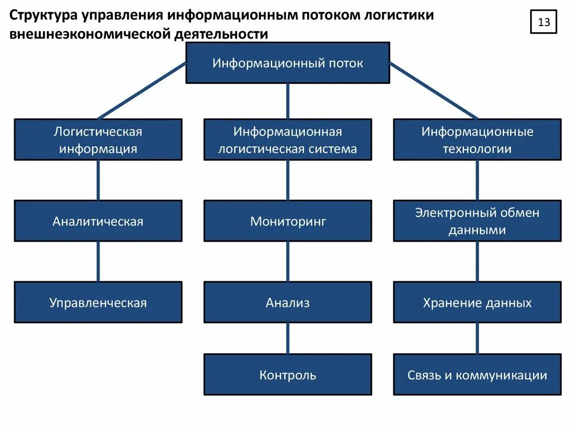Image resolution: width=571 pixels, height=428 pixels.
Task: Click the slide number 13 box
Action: (544, 23)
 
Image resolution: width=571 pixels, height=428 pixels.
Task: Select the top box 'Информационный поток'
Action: (287, 63)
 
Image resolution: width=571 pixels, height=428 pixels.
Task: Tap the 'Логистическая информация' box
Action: (98, 140)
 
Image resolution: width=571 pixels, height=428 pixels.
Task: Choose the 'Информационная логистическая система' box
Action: (287, 140)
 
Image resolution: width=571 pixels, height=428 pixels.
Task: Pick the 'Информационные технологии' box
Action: (477, 140)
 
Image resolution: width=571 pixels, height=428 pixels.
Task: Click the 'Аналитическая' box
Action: (98, 221)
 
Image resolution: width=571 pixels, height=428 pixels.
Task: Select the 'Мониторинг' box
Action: (287, 221)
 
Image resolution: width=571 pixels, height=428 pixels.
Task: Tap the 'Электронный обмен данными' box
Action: (477, 221)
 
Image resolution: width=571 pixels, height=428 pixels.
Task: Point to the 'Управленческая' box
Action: (98, 302)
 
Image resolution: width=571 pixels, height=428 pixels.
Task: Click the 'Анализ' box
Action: (287, 302)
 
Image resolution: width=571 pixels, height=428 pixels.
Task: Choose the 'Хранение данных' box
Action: (477, 302)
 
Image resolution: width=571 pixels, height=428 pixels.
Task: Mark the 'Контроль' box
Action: (287, 374)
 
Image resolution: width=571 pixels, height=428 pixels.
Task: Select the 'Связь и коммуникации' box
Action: (477, 374)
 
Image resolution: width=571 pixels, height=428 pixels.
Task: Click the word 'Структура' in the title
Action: (42, 13)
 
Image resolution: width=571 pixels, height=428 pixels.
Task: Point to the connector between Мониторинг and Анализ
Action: (288, 261)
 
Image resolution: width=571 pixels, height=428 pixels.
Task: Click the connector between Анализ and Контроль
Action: (288, 338)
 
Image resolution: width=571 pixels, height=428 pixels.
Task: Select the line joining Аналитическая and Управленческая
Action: (98, 261)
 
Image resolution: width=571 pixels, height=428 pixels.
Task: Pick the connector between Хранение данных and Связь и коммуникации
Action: (477, 338)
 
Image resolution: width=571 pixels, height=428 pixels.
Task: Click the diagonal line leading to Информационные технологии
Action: (433, 90)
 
